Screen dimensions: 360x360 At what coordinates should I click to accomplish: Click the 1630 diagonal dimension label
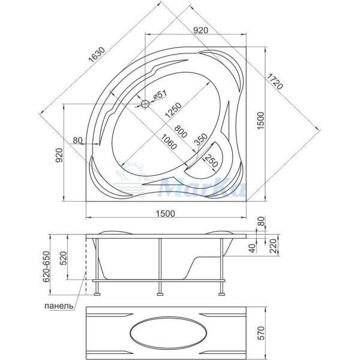tap(97, 55)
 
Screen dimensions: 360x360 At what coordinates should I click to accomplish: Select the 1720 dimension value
tap(275, 81)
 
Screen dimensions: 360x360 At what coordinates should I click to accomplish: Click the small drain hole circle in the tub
tap(145, 104)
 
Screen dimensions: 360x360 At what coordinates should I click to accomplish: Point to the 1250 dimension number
tap(173, 110)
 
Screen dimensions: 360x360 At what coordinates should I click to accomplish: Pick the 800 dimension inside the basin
tap(181, 131)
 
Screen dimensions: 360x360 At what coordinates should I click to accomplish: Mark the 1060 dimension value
tap(169, 142)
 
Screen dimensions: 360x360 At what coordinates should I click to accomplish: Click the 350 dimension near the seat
tap(200, 139)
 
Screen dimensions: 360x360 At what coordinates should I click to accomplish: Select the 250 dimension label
tap(211, 161)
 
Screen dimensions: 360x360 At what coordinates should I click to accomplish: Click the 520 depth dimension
tap(63, 259)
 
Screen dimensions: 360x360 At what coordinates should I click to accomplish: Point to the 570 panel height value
tap(261, 333)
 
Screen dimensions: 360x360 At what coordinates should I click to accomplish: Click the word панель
tap(59, 306)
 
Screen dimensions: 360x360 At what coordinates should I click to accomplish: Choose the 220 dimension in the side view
tap(273, 246)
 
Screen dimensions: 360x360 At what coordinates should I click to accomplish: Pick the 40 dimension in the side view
tap(253, 248)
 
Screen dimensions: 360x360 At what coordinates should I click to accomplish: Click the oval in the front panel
tap(169, 332)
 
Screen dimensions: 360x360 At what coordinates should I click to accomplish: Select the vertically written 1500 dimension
tap(261, 121)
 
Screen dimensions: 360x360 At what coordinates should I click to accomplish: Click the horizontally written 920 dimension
tap(200, 30)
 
